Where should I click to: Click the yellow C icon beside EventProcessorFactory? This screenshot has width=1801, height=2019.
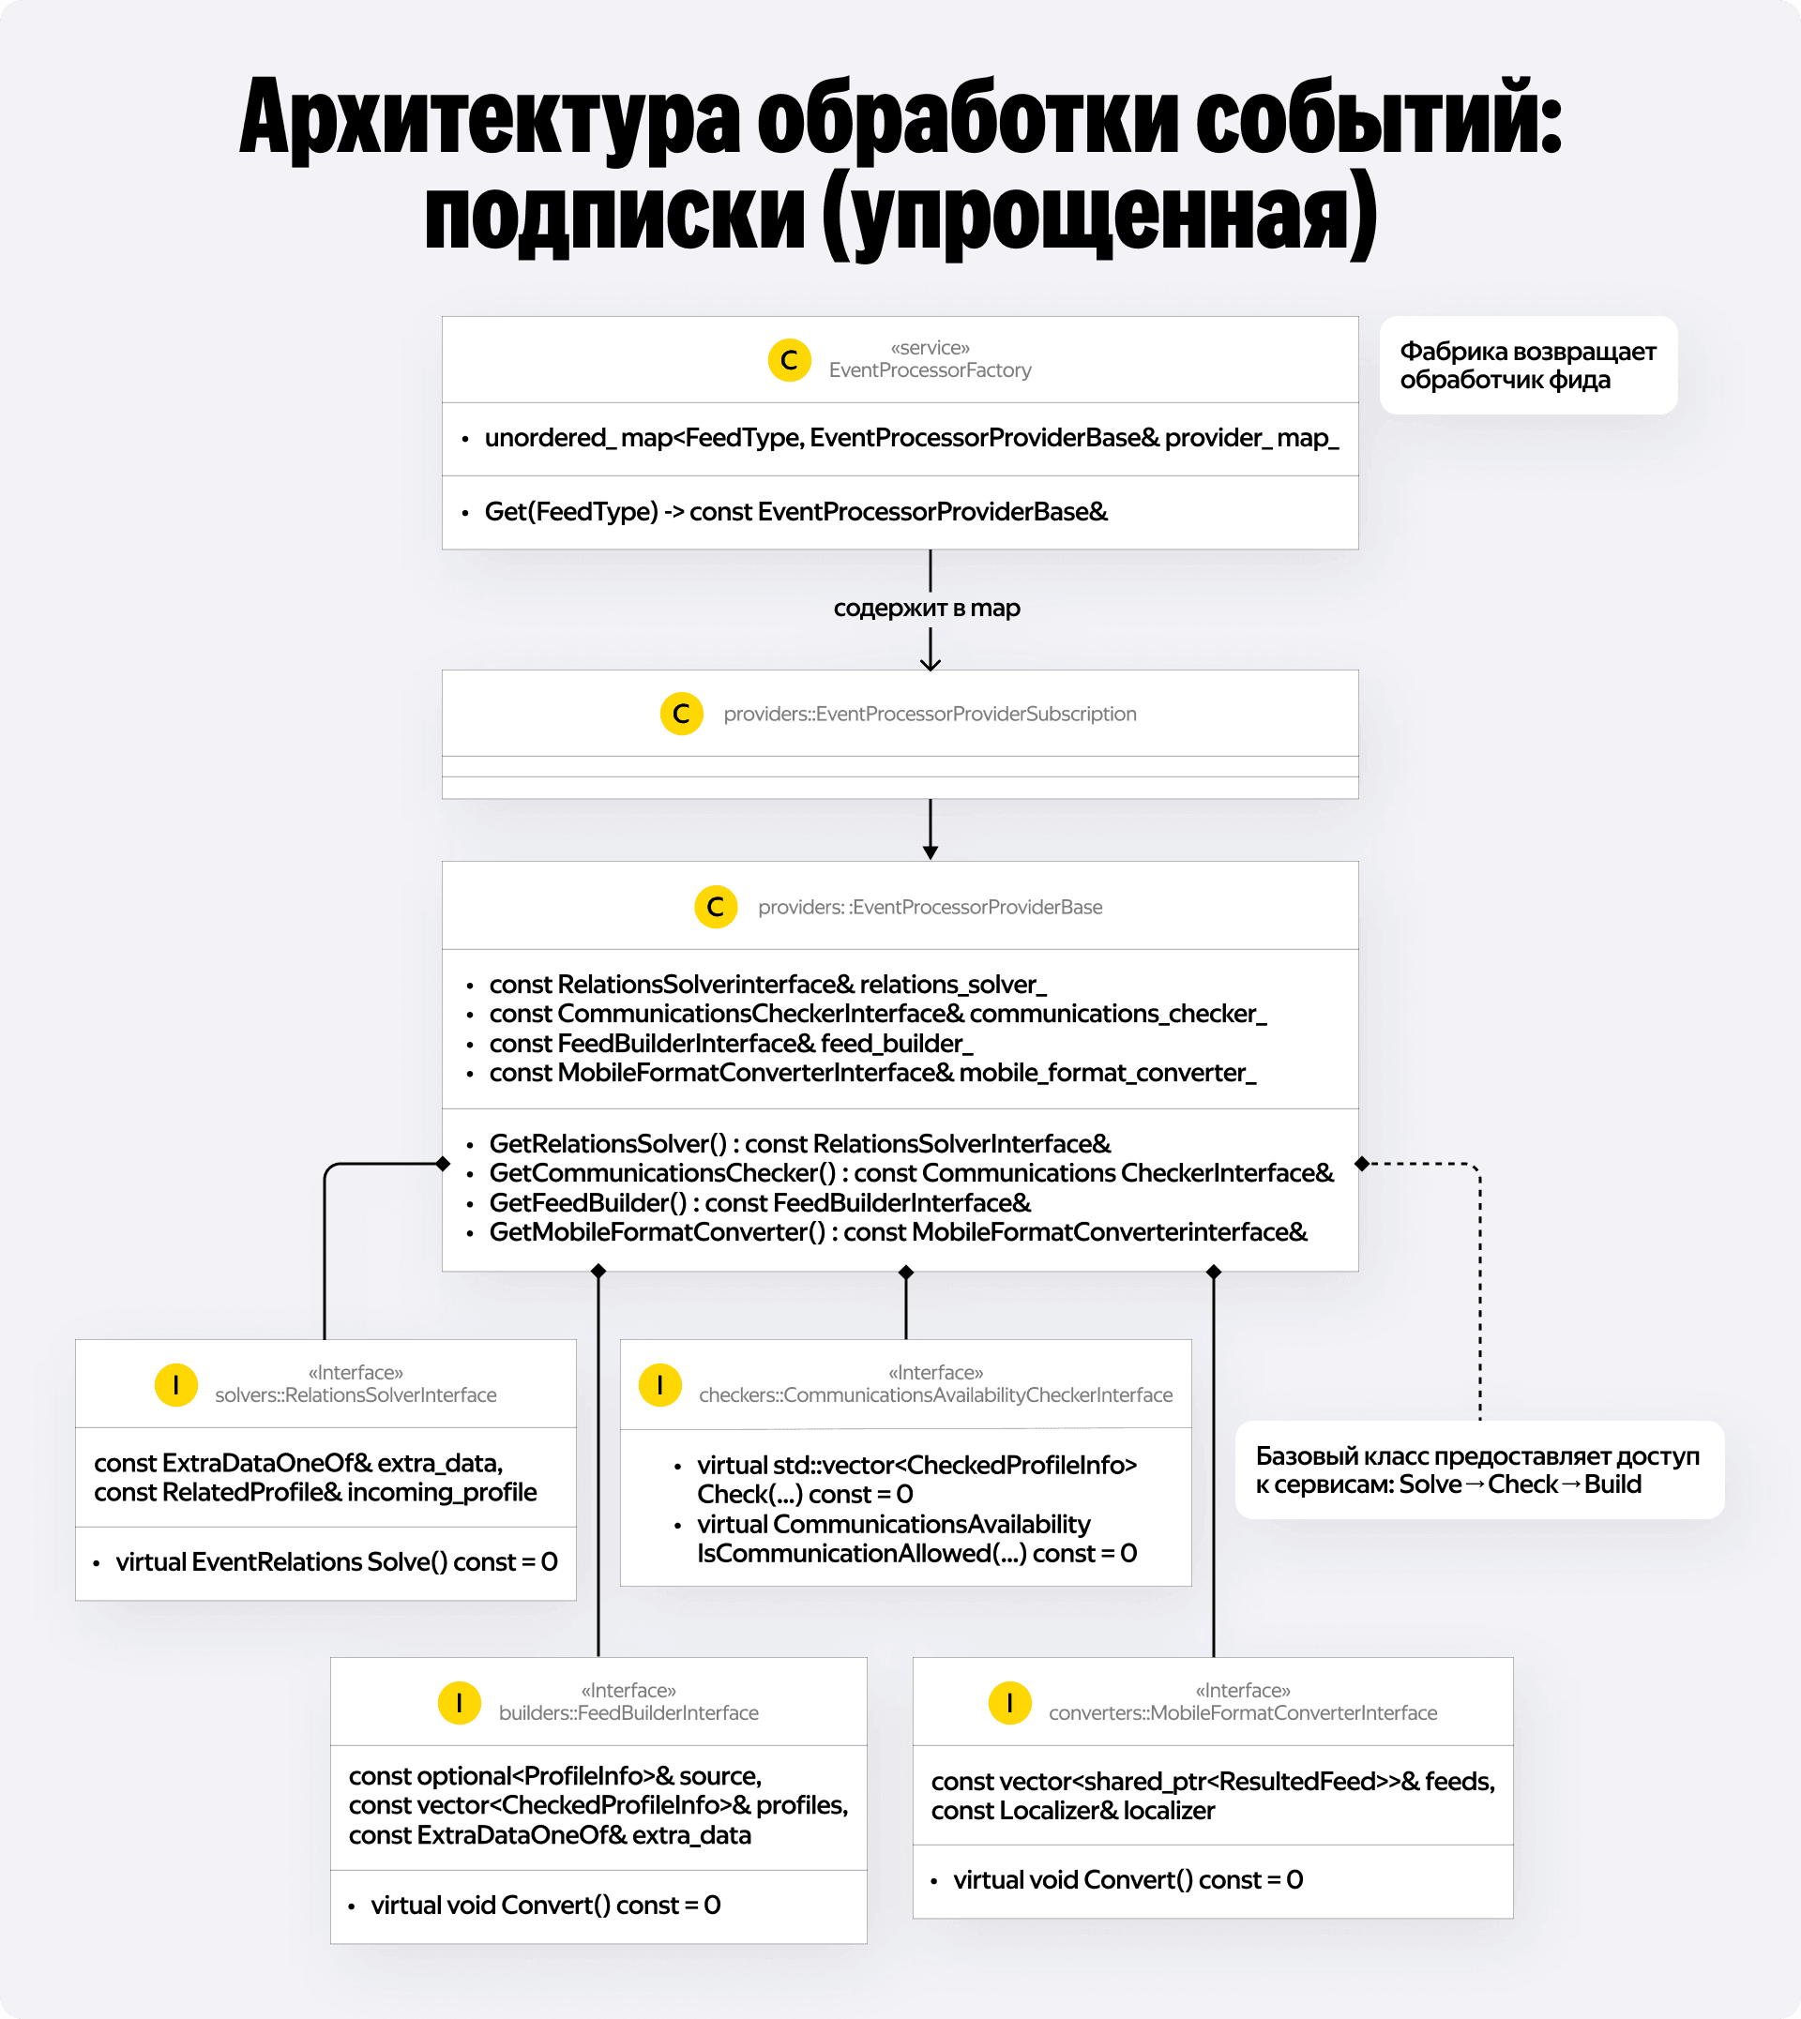(789, 360)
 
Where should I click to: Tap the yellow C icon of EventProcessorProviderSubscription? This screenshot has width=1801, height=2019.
(681, 714)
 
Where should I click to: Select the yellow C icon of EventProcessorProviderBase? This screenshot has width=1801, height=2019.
(716, 906)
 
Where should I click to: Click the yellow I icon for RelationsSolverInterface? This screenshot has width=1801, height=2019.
(176, 1384)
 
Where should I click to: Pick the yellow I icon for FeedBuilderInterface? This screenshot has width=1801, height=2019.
(459, 1702)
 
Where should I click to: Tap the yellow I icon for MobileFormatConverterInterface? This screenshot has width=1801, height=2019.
(1009, 1702)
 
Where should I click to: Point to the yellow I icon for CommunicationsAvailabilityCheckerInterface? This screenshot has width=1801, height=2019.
(660, 1384)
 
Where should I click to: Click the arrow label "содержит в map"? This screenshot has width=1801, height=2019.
(926, 608)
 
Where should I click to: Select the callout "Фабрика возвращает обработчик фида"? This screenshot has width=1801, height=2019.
(1527, 365)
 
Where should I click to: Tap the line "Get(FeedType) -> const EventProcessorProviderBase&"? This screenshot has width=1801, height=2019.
(795, 511)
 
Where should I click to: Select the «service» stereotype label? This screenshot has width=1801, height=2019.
(930, 348)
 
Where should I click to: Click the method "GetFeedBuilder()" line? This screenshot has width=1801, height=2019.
(760, 1203)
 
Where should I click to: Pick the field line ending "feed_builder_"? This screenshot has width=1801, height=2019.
(732, 1044)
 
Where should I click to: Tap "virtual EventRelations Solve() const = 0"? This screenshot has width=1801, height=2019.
(337, 1562)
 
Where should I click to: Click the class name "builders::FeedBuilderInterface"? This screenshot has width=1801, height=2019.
(628, 1713)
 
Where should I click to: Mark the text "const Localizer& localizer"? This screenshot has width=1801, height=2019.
(1073, 1810)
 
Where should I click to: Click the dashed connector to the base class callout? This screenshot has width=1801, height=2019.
(1479, 1286)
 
